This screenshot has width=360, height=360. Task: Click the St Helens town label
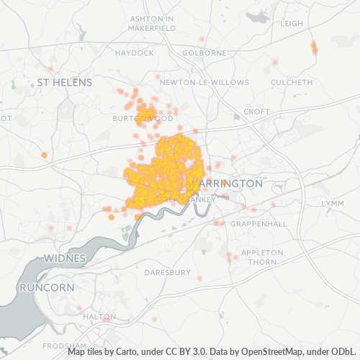(x=64, y=83)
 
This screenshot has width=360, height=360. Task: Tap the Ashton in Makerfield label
(x=152, y=22)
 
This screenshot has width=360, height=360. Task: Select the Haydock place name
(x=134, y=53)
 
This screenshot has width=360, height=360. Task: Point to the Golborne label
(x=204, y=53)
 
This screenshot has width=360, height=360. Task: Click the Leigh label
(x=292, y=23)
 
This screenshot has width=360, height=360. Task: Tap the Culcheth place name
(x=292, y=83)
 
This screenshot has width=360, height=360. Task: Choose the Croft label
(x=256, y=112)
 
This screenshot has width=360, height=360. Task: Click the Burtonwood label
(x=143, y=117)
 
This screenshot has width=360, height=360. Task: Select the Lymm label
(x=333, y=204)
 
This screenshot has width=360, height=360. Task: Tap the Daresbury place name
(x=167, y=273)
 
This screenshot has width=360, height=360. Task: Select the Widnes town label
(x=64, y=258)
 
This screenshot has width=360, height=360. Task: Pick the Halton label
(x=99, y=316)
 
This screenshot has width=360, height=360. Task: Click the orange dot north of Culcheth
(x=314, y=48)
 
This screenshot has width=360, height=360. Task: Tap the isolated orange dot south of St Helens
(x=44, y=155)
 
